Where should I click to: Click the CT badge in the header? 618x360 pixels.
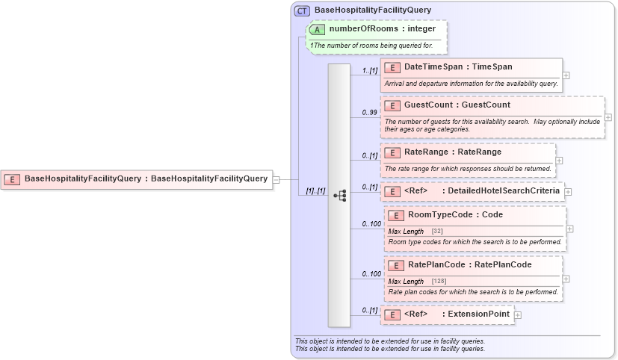(x=302, y=10)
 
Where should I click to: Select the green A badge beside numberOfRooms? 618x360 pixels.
(x=317, y=29)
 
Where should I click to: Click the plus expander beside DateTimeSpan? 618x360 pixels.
(x=566, y=75)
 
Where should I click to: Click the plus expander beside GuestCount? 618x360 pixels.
(x=608, y=117)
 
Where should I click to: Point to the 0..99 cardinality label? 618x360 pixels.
(x=369, y=113)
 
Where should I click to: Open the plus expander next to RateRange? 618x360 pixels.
(x=560, y=160)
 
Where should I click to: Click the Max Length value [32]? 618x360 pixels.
(x=437, y=232)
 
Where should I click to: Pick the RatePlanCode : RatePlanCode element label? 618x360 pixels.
(x=468, y=264)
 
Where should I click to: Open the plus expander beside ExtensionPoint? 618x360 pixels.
(x=518, y=315)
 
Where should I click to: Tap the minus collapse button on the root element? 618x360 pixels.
(x=276, y=179)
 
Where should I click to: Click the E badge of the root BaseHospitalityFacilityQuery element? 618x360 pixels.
(x=12, y=179)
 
